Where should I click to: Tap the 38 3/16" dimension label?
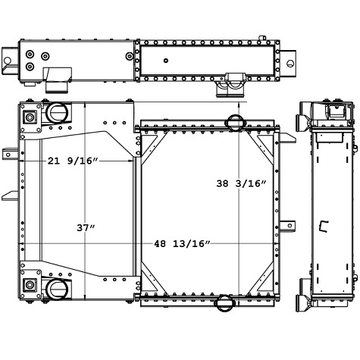click(x=241, y=183)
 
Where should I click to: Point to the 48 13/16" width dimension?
click(x=182, y=243)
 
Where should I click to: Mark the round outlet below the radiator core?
click(x=226, y=303)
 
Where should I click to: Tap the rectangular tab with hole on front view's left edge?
click(x=10, y=155)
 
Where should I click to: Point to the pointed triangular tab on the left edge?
click(x=9, y=196)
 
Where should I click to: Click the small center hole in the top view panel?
click(x=165, y=61)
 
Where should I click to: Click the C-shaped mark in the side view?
click(x=325, y=225)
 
